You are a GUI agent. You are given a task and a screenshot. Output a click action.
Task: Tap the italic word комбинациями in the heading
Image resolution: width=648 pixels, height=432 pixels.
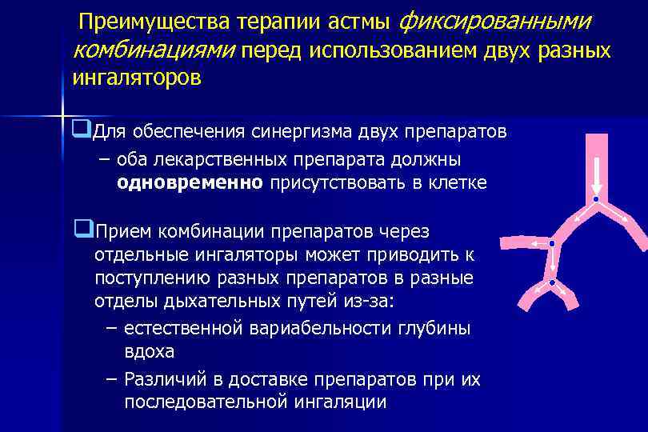pyautogui.click(x=152, y=50)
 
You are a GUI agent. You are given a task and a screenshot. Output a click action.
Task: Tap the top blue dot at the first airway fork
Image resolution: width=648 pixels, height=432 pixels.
pyautogui.click(x=596, y=198)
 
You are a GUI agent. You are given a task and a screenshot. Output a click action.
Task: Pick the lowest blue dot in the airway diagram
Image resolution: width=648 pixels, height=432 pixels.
pyautogui.click(x=551, y=282)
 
